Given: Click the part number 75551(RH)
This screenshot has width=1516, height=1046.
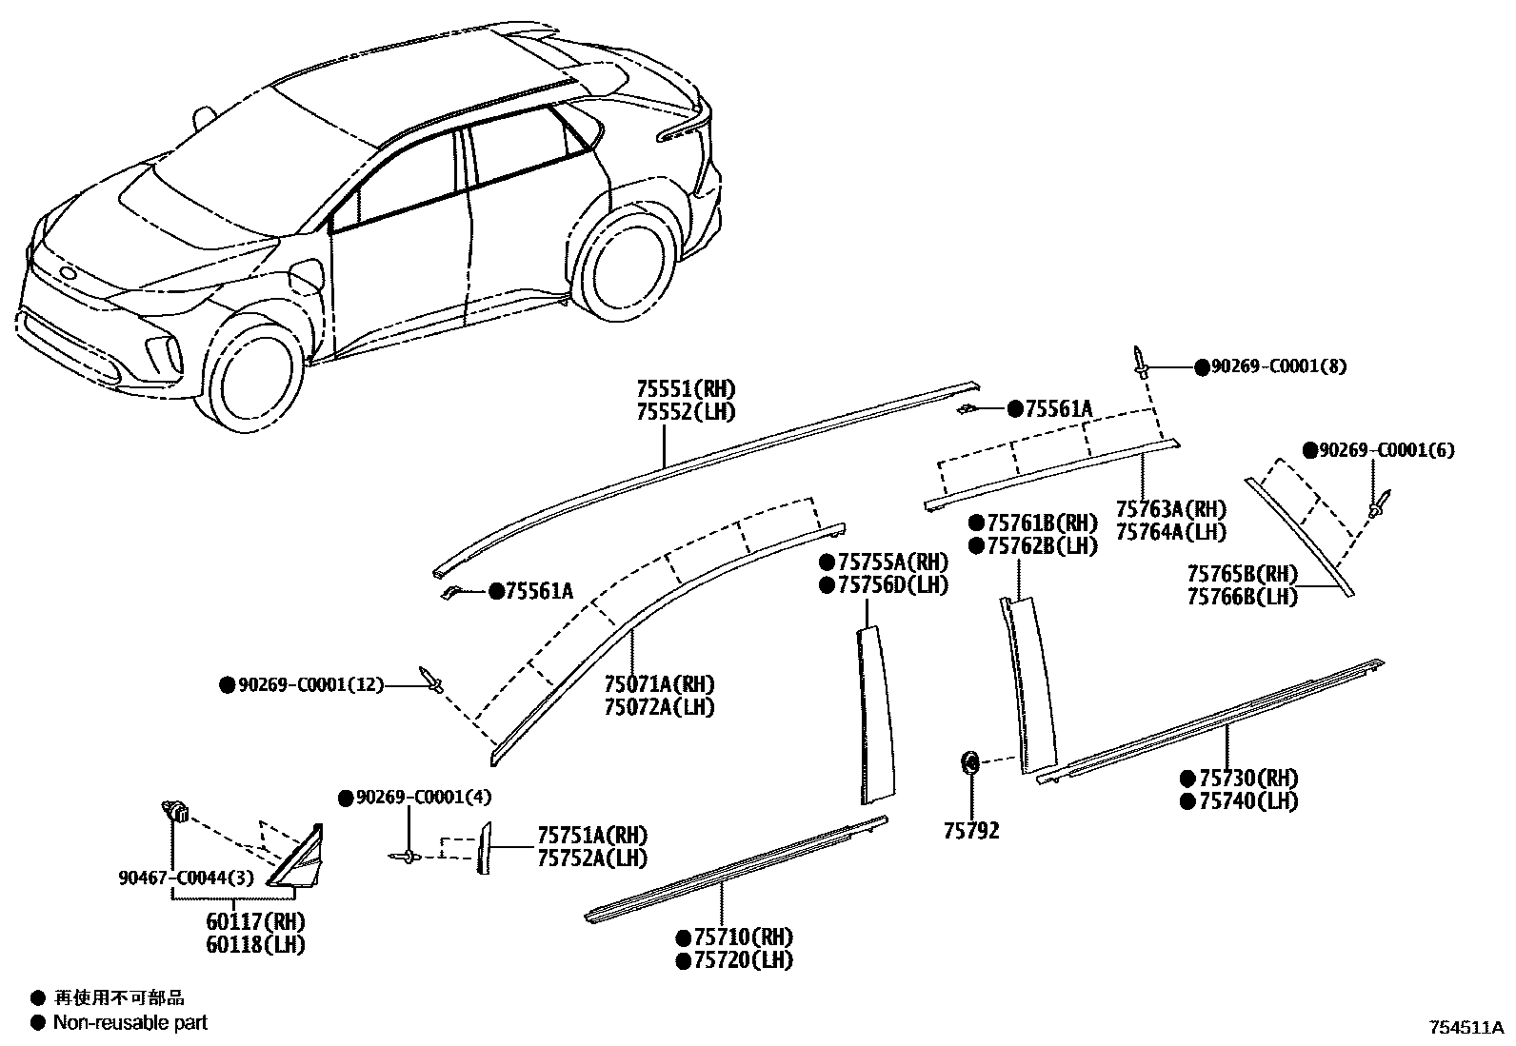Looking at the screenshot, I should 686,389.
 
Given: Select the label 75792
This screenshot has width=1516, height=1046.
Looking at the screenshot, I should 971,831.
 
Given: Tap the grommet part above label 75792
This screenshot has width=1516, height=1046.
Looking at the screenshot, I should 969,761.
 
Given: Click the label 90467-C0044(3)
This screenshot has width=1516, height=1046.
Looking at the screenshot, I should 187,878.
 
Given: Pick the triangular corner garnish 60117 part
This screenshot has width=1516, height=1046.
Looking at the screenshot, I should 299,859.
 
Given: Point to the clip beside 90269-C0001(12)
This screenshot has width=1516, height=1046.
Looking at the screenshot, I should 432,680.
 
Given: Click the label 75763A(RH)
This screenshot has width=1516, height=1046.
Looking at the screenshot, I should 1170,509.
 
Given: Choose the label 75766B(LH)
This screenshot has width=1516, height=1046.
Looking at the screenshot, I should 1242,597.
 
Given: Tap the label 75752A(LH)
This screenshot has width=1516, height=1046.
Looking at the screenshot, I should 591,859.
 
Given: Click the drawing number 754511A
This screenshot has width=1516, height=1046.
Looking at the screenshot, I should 1465,1029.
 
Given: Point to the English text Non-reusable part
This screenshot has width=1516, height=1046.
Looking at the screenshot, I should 130,1023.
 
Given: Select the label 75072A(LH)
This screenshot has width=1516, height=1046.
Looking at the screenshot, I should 659,707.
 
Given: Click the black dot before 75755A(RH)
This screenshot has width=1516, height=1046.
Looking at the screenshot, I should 827,562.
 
